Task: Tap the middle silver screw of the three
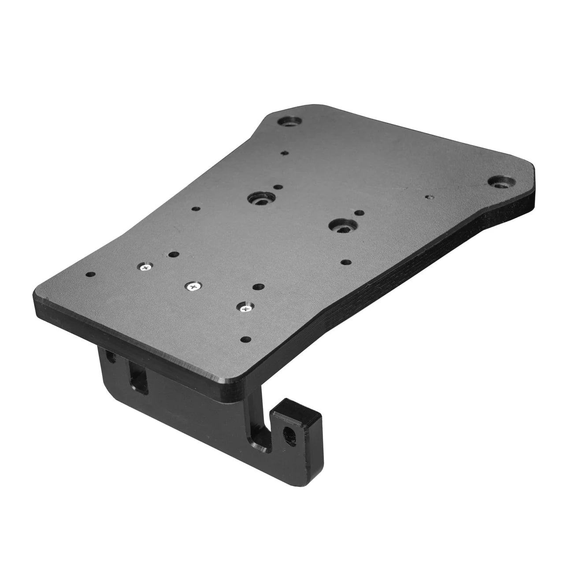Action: [193, 286]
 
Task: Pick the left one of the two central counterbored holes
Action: [260, 199]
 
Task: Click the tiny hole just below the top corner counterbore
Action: [285, 153]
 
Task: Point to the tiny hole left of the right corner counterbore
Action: [427, 197]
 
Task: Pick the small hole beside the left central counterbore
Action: [277, 187]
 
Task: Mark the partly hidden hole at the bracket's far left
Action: [108, 356]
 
